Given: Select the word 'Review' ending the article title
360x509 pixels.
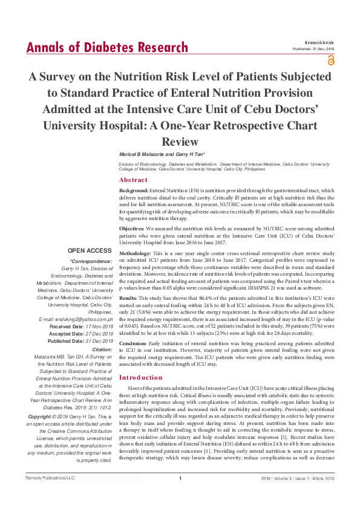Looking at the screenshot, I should pyautogui.click(x=180, y=142).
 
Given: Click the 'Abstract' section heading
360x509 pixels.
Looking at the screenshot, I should pyautogui.click(x=133, y=180).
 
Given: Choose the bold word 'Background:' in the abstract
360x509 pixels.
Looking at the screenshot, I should pyautogui.click(x=133, y=190).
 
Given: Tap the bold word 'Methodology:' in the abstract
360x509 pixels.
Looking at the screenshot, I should pyautogui.click(x=135, y=252).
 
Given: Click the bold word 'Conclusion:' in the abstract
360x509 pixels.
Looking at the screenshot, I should pyautogui.click(x=133, y=343).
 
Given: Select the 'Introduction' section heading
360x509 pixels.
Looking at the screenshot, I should pyautogui.click(x=141, y=377).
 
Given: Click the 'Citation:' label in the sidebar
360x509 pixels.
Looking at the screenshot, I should pyautogui.click(x=101, y=349).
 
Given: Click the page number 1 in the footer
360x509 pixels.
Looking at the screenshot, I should pyautogui.click(x=180, y=495).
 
